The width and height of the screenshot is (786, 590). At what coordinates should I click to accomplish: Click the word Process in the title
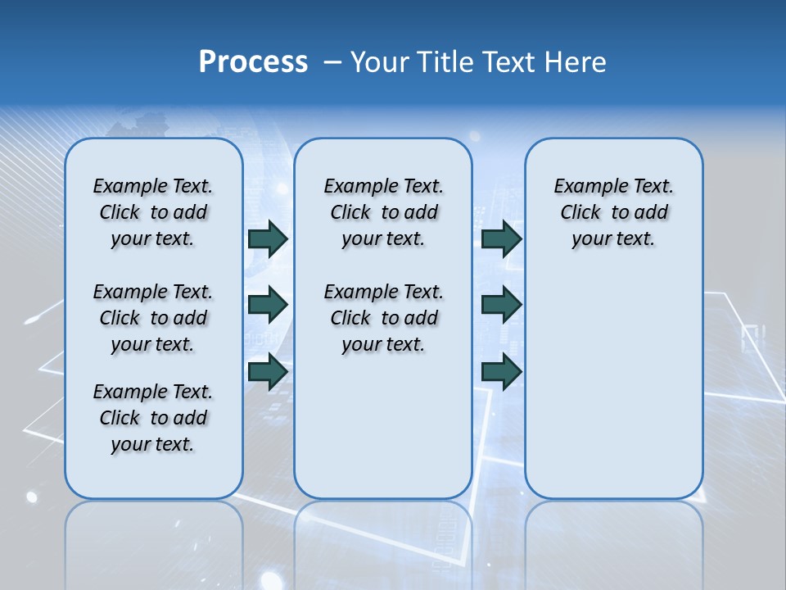(x=253, y=62)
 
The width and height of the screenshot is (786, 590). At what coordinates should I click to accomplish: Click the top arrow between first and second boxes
(x=268, y=238)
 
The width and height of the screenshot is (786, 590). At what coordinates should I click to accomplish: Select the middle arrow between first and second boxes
(x=268, y=305)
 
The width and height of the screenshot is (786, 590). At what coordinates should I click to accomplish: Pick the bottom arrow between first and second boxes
(x=268, y=371)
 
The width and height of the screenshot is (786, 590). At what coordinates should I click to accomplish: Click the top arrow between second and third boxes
(x=501, y=238)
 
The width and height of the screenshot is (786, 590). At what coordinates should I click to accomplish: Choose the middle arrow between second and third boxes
(x=501, y=305)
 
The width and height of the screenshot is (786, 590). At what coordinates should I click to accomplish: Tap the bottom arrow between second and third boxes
(x=501, y=371)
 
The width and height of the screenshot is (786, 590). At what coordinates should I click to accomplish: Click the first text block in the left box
(x=153, y=212)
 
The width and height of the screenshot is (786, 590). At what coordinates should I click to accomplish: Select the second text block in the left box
(x=153, y=318)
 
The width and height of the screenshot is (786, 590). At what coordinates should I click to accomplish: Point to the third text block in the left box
(x=153, y=418)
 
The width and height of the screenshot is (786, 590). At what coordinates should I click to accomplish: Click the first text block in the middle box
(x=383, y=212)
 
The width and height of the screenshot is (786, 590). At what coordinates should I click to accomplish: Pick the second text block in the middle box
(x=383, y=318)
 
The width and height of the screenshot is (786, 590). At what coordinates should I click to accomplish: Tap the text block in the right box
(x=613, y=212)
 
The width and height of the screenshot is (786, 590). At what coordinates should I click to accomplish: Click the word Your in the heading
(x=381, y=62)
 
